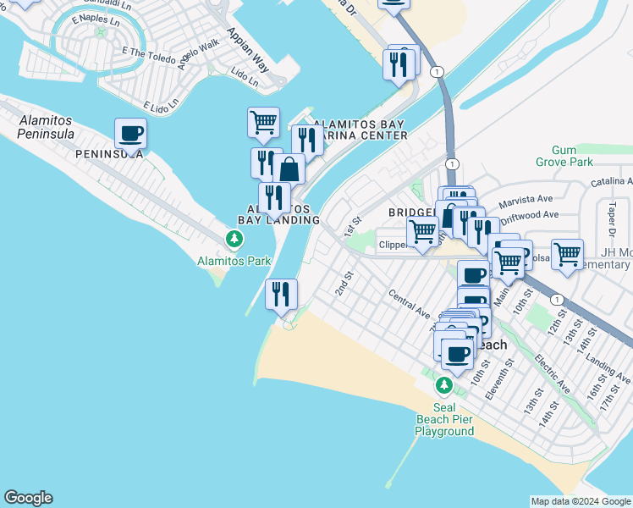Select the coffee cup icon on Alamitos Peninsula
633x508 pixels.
(x=130, y=133)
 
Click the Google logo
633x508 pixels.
(x=28, y=498)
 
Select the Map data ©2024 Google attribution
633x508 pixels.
(x=581, y=501)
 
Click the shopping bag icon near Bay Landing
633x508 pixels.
(x=289, y=168)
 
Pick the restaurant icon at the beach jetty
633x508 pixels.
(x=281, y=294)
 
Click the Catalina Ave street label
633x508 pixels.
(x=613, y=181)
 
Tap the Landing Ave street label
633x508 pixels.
(x=614, y=369)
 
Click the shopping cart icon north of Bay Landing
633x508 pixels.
(x=263, y=122)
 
